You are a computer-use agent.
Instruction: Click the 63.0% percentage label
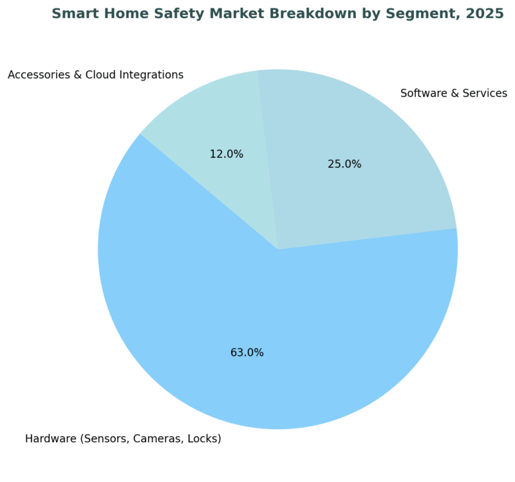click(247, 353)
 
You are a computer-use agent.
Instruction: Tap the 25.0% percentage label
click(344, 164)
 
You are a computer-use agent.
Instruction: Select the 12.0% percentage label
click(227, 154)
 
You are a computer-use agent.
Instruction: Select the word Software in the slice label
click(422, 93)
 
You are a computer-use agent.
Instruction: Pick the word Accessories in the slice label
click(36, 75)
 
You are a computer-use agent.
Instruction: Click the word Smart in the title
click(71, 14)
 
